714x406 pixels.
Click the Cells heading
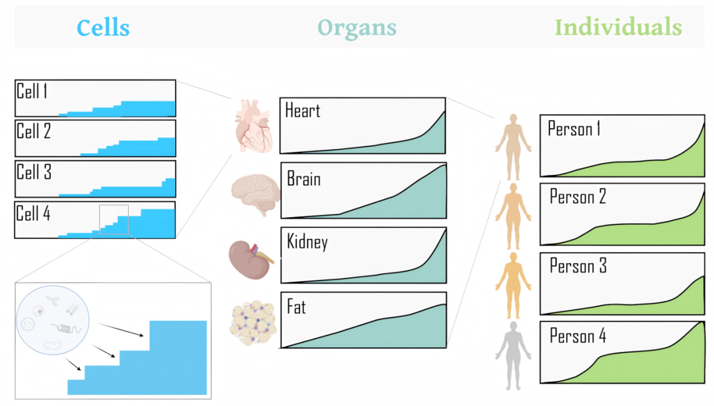103,28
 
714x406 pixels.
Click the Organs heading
357,28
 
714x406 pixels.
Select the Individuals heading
618,27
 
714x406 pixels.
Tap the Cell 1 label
32,91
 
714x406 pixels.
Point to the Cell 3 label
34,172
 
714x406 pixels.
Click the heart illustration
254,126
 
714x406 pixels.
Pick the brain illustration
255,194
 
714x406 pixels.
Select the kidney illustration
251,259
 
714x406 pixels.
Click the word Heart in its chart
302,110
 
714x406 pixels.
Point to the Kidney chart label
307,242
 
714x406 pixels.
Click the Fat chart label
296,307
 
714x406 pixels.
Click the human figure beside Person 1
513,147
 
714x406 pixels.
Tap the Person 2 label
577,197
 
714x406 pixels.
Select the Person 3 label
578,265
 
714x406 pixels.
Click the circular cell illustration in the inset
53,320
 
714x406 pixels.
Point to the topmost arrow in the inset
121,330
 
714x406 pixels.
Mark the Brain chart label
303,179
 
